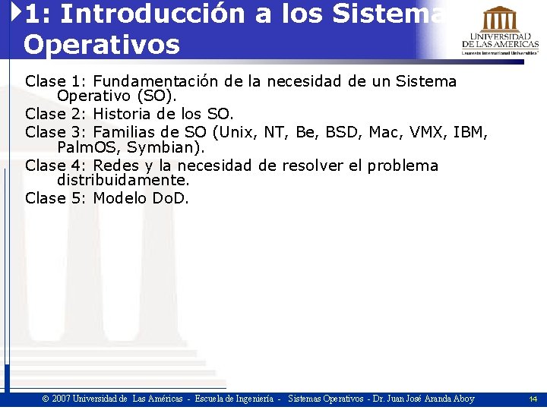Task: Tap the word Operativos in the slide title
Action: tap(101, 44)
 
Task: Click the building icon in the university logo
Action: tap(500, 18)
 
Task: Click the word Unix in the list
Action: tap(236, 132)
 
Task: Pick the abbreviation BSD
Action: tap(343, 132)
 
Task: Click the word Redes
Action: tap(117, 166)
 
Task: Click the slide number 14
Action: tap(533, 399)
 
